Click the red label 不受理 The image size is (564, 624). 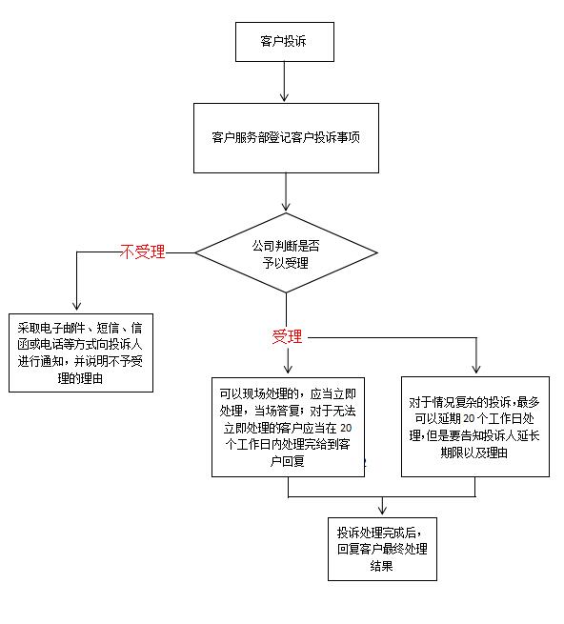[x=143, y=252]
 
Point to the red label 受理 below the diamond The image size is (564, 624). [x=287, y=336]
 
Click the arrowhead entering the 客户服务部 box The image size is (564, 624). [x=284, y=98]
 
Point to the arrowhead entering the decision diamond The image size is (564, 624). [x=286, y=207]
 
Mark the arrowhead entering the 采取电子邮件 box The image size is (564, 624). [x=77, y=307]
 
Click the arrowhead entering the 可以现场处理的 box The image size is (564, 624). [x=288, y=369]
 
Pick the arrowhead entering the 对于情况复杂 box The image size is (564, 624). [x=476, y=369]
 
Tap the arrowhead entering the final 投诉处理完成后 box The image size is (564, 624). [x=382, y=511]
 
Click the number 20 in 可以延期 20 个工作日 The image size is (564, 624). [x=469, y=418]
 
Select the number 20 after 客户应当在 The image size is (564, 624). [x=346, y=428]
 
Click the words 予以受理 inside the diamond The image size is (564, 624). [x=286, y=263]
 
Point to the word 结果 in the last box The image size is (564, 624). [x=381, y=566]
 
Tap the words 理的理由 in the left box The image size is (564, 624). [x=80, y=378]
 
